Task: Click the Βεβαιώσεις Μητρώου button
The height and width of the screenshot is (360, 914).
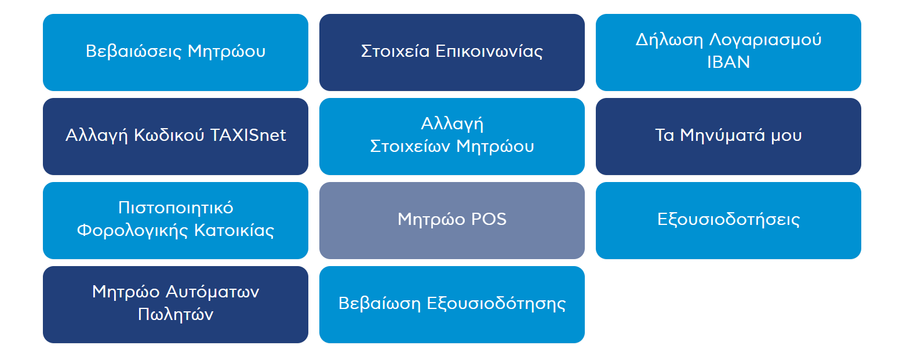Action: (x=176, y=52)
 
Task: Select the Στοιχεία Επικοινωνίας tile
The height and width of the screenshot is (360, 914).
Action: (x=451, y=52)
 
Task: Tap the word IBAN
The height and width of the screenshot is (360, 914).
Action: (x=729, y=63)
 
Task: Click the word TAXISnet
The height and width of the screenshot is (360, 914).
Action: (x=248, y=135)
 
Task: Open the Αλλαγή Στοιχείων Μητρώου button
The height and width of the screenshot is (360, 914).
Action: (x=451, y=136)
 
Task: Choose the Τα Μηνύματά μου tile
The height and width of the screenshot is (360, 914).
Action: (x=729, y=136)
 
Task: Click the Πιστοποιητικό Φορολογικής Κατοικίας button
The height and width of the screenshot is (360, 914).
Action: (x=176, y=220)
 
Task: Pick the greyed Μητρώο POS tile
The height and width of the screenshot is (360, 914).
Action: (x=451, y=220)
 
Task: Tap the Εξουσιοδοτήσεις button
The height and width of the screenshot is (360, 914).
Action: (x=729, y=220)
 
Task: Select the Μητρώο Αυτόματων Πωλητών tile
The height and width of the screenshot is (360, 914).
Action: (x=176, y=304)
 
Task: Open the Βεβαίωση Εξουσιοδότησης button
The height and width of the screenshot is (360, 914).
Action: (x=451, y=304)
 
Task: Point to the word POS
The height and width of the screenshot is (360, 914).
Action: (x=489, y=219)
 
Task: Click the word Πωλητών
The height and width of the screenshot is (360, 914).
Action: (x=176, y=315)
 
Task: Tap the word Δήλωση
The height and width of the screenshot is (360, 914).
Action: (x=669, y=40)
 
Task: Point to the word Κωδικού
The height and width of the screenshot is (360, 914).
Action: (x=169, y=135)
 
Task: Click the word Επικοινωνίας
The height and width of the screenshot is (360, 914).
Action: (x=489, y=52)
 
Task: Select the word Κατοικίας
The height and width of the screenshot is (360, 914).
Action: (x=234, y=231)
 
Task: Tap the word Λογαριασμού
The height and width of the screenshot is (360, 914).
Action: (x=765, y=40)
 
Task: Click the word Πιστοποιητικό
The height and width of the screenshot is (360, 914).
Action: (x=176, y=208)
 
